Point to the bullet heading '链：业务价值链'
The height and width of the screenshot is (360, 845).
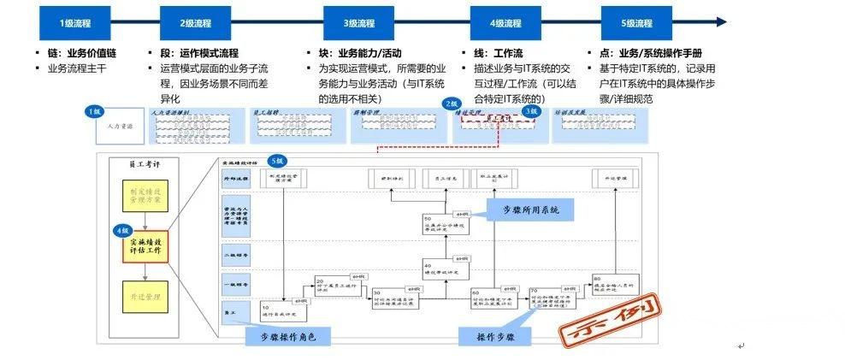(80, 53)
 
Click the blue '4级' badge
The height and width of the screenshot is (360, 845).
(120, 230)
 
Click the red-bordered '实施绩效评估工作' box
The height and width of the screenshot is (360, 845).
(143, 247)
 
